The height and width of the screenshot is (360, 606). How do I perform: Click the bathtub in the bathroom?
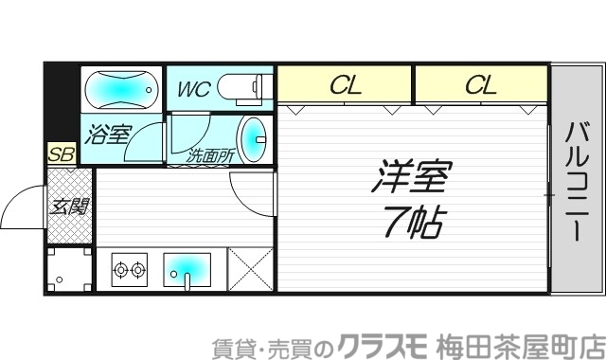click(120, 91)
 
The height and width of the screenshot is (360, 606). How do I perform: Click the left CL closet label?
click(346, 86)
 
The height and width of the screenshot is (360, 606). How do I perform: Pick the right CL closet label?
click(480, 86)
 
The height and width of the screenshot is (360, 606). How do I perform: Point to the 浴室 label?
click(108, 134)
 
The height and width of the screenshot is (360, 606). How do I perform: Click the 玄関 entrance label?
click(70, 206)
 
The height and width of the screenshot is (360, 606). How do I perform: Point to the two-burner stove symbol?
click(130, 271)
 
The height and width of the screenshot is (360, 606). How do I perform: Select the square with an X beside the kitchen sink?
click(250, 268)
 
